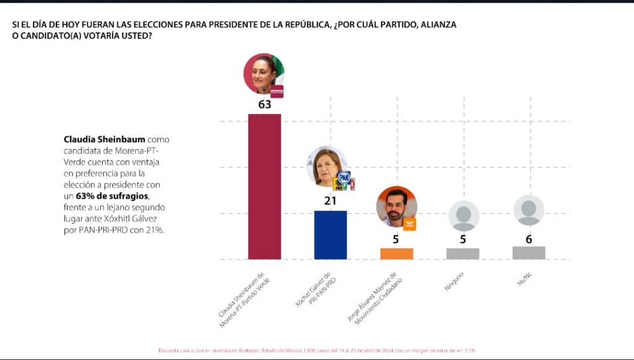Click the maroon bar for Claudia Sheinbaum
(x=264, y=186)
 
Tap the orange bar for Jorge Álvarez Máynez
(x=396, y=253)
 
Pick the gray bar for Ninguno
(x=462, y=253)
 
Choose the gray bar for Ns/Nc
(x=529, y=252)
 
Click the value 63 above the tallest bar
(x=264, y=105)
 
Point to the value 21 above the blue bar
(x=331, y=201)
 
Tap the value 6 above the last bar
(x=529, y=239)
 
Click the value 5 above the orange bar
(x=396, y=239)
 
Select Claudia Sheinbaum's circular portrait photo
(x=263, y=73)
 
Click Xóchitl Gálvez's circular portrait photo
(x=326, y=167)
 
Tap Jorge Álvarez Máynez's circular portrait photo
(x=396, y=206)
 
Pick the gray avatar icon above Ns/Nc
(x=529, y=210)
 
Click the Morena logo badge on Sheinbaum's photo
(x=277, y=91)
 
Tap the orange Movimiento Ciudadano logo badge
(x=409, y=224)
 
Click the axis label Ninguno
(x=454, y=281)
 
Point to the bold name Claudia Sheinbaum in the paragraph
(x=104, y=139)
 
